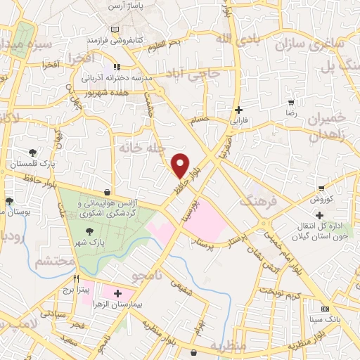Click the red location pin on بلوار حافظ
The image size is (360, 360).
181,165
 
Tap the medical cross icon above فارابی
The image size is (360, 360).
239,110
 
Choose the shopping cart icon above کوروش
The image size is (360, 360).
321,188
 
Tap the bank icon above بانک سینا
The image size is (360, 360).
325,309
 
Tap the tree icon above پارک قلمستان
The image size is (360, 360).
32,153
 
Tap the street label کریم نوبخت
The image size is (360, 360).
281,290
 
